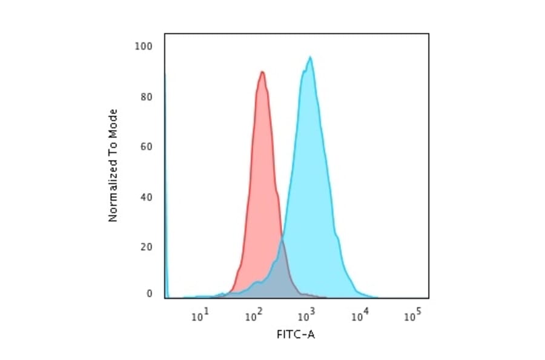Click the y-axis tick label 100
click(x=144, y=47)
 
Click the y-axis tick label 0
click(x=149, y=294)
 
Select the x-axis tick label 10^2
click(x=254, y=314)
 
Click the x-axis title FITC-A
click(x=296, y=335)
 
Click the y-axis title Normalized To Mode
click(x=113, y=165)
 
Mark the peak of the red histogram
click(x=262, y=72)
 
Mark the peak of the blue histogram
click(x=310, y=58)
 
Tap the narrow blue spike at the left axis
click(x=165, y=182)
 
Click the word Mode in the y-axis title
click(x=113, y=123)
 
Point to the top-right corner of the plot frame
click(x=429, y=33)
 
